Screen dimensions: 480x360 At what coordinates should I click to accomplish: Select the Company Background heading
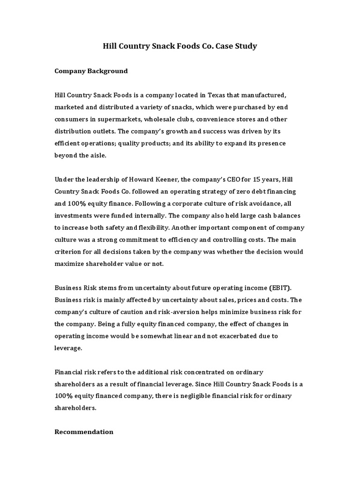click(91, 71)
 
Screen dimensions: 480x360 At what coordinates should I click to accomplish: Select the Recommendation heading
click(84, 432)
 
